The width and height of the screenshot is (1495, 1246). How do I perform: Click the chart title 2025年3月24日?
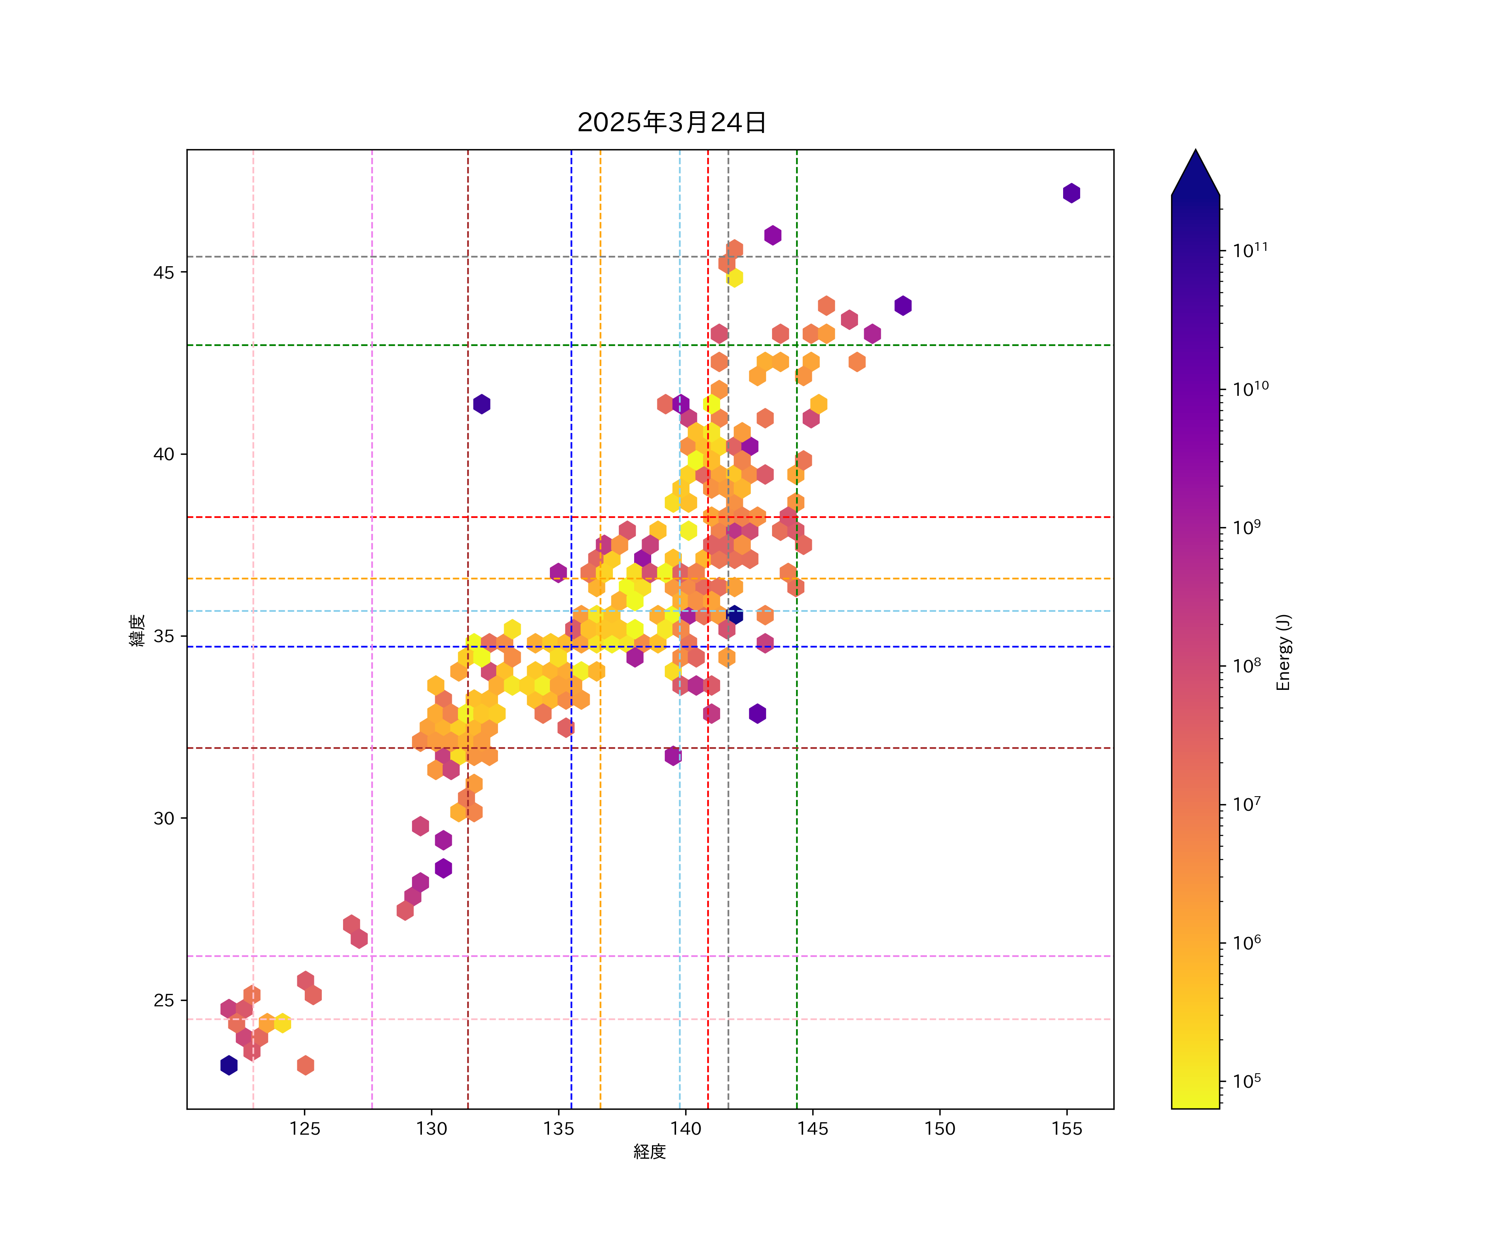point(672,123)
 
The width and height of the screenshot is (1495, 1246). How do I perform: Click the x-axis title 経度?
point(649,1151)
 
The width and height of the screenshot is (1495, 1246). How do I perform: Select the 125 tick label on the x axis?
point(305,1128)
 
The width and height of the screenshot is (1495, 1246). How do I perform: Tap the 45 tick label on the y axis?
point(164,273)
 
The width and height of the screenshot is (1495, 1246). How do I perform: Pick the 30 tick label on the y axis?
point(164,818)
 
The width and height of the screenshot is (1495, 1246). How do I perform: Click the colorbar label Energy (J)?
point(1283,652)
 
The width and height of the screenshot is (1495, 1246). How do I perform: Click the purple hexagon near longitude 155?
point(1071,193)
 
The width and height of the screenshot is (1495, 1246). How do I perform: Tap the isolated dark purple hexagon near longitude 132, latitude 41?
point(481,404)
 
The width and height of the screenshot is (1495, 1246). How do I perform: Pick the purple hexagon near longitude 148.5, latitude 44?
point(903,305)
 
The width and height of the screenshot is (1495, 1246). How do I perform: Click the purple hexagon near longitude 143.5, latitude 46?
point(772,235)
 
